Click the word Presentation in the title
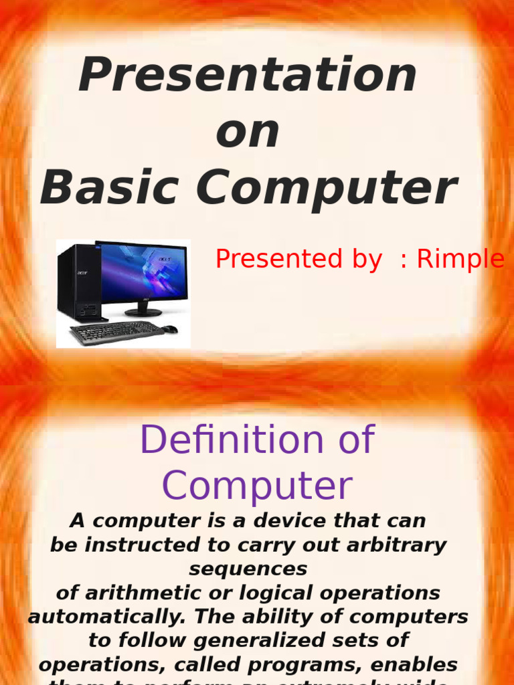pyautogui.click(x=248, y=75)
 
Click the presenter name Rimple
pyautogui.click(x=460, y=259)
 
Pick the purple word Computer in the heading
pyautogui.click(x=257, y=486)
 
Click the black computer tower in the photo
pyautogui.click(x=80, y=282)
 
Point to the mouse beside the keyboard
pyautogui.click(x=170, y=329)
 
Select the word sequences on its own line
pyautogui.click(x=248, y=569)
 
